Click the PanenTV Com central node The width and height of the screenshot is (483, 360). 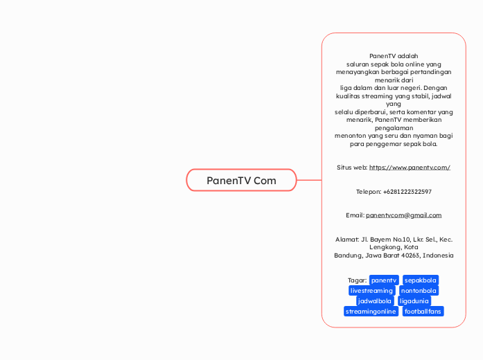241,180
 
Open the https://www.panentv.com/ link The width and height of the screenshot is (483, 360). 410,168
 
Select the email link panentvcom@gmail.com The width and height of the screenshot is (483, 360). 403,215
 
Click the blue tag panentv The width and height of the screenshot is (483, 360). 384,280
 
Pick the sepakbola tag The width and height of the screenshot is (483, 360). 421,280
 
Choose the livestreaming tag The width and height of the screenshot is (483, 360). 371,291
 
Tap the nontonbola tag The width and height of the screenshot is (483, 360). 419,291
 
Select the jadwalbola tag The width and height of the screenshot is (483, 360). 375,301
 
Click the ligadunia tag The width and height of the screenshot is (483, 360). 415,301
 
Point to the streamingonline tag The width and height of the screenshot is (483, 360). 371,312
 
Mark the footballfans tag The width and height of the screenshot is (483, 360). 423,312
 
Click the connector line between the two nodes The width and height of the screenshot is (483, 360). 309,180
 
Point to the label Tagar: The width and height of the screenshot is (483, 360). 357,280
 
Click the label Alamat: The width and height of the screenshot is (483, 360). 346,240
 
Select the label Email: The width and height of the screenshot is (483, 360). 355,215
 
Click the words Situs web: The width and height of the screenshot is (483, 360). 352,168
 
